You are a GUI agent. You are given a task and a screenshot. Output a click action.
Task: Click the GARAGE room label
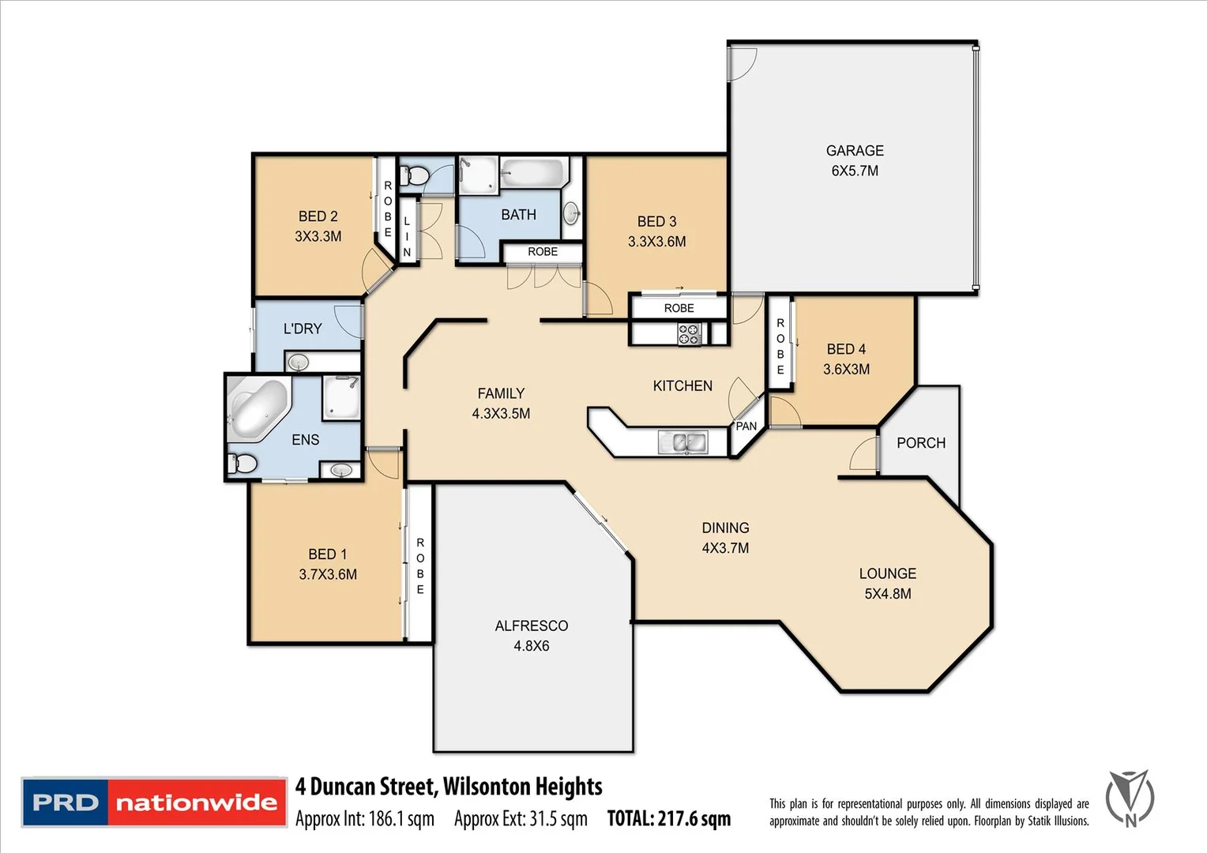coord(855,151)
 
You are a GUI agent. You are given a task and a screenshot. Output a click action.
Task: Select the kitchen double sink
coord(682,442)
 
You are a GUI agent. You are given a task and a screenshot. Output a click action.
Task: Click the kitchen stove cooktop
coord(689,334)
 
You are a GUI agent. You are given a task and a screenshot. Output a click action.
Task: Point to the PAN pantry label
coord(746,426)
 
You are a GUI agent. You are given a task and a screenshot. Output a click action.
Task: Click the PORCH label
coord(920,443)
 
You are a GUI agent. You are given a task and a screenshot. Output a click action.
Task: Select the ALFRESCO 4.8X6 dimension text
coord(531,646)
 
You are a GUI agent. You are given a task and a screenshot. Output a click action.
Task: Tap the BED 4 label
coord(846,349)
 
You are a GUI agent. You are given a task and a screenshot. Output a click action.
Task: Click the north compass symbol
coord(1130,799)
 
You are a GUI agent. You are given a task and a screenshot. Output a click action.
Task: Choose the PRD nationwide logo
coord(154,802)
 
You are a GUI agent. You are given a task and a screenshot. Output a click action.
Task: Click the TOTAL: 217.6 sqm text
coord(668,819)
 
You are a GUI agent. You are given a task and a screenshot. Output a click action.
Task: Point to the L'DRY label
coord(303,329)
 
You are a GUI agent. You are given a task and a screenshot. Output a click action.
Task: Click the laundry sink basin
coord(298,363)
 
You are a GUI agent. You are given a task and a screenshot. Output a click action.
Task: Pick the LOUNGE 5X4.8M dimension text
coord(887,594)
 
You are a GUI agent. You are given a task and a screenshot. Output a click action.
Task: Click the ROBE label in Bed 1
coord(420,566)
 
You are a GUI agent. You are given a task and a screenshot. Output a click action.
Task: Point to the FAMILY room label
coord(501,393)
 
